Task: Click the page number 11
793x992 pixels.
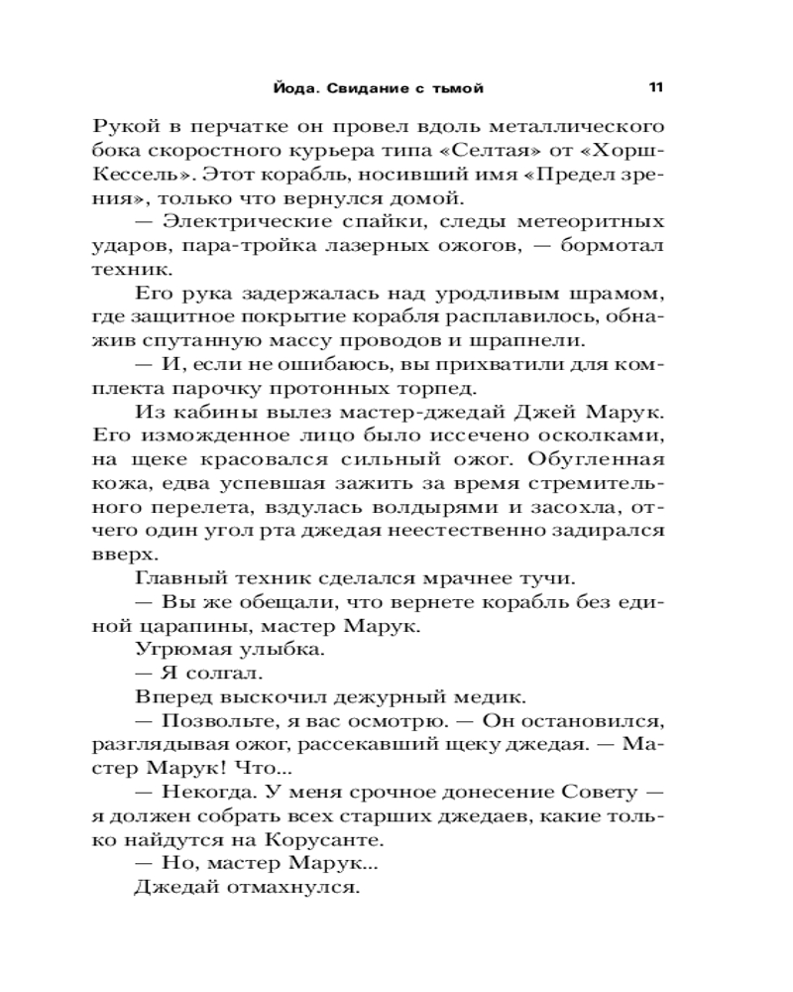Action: point(655,87)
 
